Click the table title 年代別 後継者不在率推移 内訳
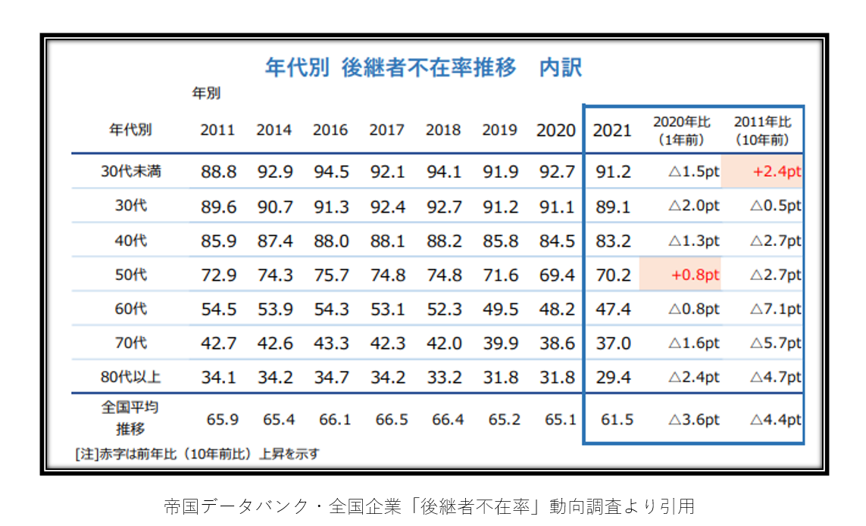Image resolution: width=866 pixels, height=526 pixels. pos(423,68)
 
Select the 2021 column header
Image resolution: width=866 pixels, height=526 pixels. pos(612,130)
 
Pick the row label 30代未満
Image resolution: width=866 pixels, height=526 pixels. pos(131,172)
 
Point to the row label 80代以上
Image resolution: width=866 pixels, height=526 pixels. pos(131,377)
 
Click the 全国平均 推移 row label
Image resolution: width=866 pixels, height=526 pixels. pos(131,418)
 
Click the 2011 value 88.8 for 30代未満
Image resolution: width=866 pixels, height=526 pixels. pos(218,172)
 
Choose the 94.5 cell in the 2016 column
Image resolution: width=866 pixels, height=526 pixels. pos(330,172)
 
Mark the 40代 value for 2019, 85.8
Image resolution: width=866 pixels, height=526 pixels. pos(500,241)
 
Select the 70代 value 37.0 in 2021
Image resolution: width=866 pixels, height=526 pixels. pos(613,344)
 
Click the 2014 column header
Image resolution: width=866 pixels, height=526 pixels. pos(274,130)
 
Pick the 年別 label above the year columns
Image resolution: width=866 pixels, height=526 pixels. pos(205,95)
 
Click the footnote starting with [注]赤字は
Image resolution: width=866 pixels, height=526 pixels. pos(197,454)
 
